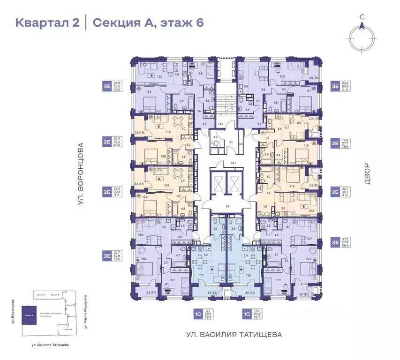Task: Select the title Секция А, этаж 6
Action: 148,22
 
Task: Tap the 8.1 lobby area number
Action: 227,206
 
